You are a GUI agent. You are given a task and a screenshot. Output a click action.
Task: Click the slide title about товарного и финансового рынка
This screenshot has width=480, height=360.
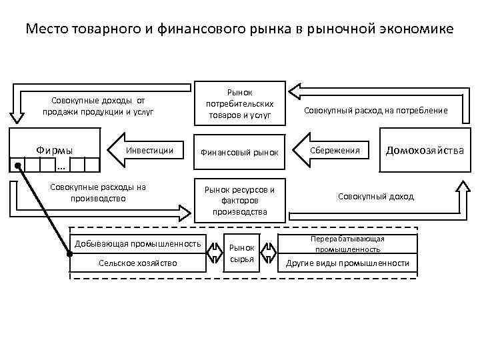(x=239, y=30)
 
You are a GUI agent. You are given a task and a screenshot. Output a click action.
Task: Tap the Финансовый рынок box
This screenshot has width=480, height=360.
(x=239, y=152)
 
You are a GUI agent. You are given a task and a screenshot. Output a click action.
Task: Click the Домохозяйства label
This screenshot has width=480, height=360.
(x=425, y=151)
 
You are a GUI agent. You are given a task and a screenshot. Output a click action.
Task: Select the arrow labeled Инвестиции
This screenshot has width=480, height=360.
(x=146, y=151)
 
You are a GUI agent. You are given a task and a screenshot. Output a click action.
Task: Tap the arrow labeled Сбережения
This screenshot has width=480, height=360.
(x=333, y=151)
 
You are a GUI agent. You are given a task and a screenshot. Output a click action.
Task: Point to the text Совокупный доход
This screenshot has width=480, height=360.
(x=375, y=197)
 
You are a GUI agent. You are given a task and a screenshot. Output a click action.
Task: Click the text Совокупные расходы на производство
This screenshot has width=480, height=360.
(x=98, y=192)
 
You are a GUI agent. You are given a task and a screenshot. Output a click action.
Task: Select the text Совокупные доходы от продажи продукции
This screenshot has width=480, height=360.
(x=98, y=105)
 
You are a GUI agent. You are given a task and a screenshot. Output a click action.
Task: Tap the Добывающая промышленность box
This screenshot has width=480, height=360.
(x=138, y=243)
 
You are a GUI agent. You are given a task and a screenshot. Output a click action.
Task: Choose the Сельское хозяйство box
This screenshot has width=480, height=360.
(x=138, y=263)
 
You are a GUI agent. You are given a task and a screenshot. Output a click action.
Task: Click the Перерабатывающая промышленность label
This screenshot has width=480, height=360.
(x=347, y=243)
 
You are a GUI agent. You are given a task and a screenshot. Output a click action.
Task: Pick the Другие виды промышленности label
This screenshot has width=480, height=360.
(x=347, y=263)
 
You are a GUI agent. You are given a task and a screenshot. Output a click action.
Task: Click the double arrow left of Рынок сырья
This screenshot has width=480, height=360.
(x=216, y=253)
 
